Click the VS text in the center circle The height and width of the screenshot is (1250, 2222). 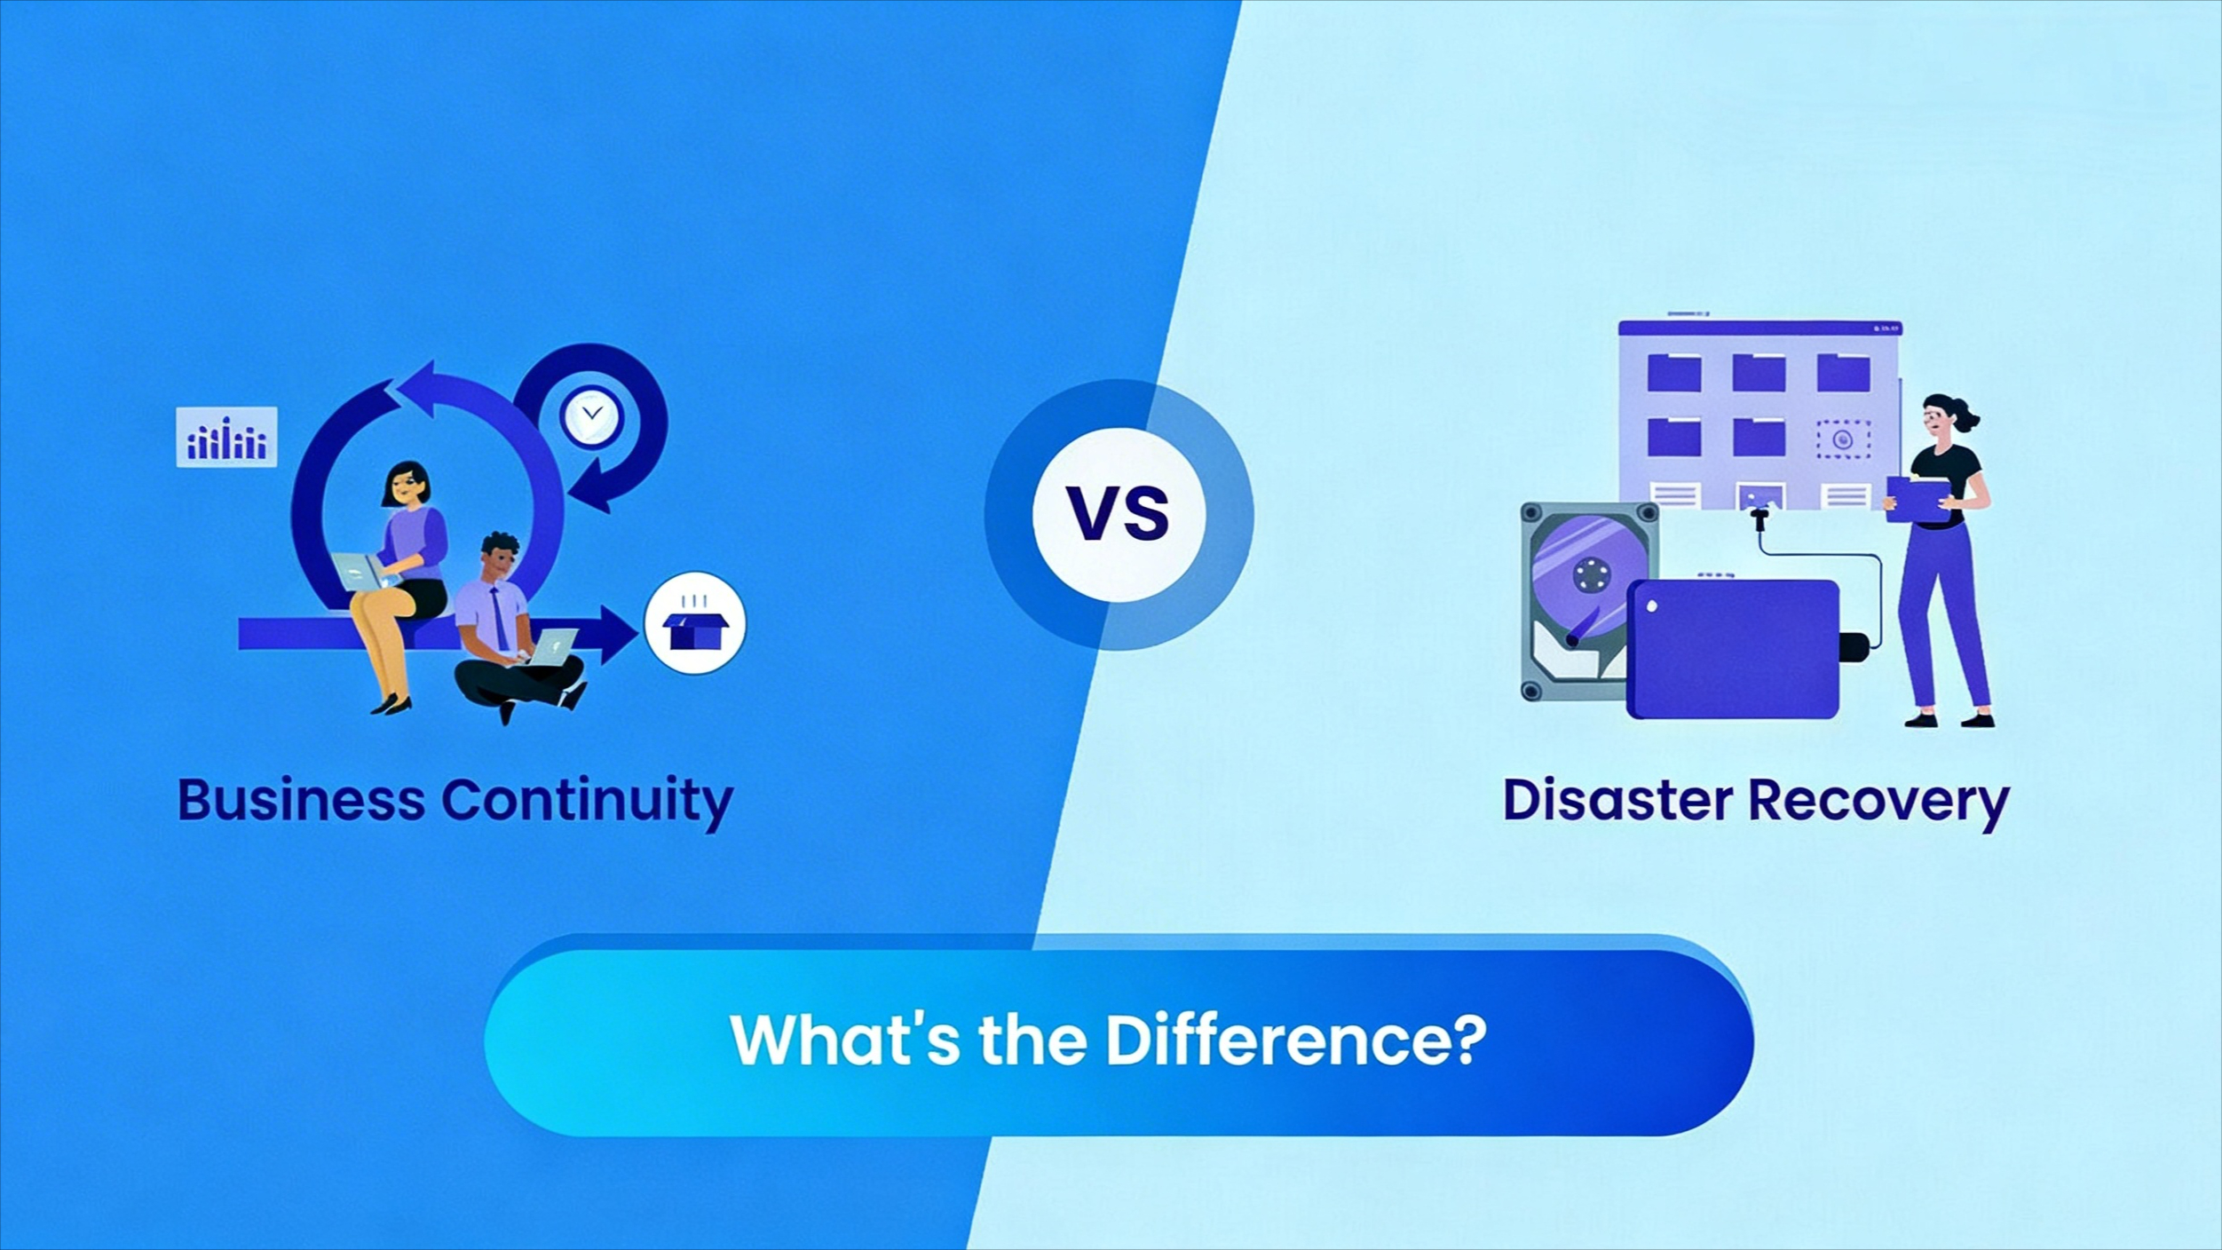[1118, 513]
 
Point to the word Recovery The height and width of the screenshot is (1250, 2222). [1878, 803]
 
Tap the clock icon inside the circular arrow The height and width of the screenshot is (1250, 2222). [591, 416]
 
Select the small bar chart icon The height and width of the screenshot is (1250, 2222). [226, 436]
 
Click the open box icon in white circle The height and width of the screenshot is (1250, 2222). [695, 622]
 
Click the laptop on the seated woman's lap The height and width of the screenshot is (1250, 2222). [363, 571]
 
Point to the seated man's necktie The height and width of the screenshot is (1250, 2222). [500, 618]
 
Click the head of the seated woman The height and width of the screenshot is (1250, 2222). [407, 485]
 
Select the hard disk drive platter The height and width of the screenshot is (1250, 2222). [1589, 574]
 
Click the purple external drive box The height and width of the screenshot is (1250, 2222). [1733, 648]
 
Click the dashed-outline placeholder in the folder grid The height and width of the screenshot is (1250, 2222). [1843, 439]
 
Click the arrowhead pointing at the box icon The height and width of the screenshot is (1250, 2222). [619, 634]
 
